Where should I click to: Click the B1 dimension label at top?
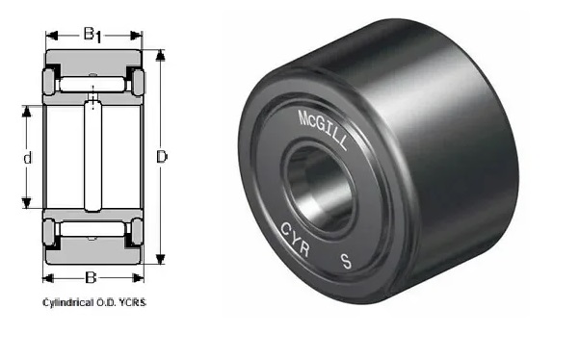point(91,36)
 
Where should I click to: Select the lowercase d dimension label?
point(29,157)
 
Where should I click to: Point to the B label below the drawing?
point(91,278)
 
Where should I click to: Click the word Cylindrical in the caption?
point(65,302)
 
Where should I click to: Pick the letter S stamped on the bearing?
point(345,260)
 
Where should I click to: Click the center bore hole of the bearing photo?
point(315,183)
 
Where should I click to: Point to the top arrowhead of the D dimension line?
point(160,54)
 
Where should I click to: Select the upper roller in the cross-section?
point(92,84)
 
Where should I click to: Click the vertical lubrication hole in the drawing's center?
point(92,154)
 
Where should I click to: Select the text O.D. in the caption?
point(107,302)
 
